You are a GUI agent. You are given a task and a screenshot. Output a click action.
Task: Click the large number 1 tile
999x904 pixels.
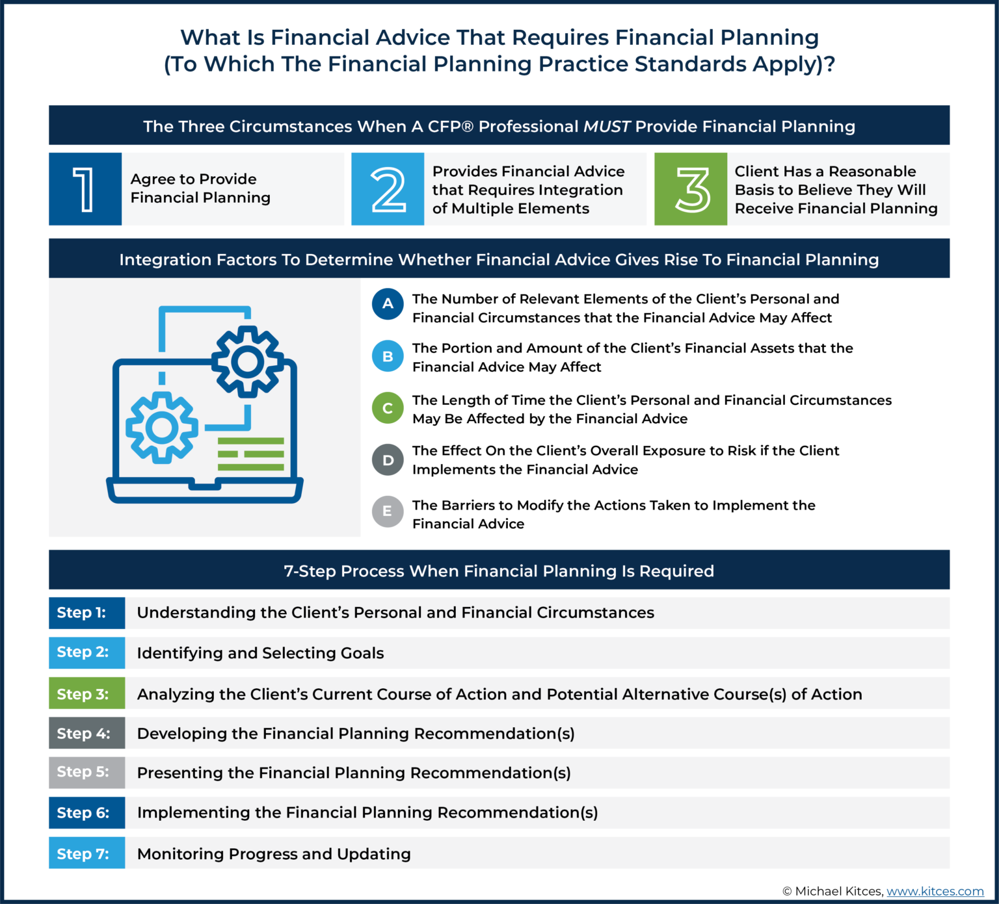click(85, 189)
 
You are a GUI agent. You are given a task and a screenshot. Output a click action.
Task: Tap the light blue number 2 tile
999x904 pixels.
click(388, 189)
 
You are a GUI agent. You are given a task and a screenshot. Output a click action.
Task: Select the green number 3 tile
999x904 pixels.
click(691, 189)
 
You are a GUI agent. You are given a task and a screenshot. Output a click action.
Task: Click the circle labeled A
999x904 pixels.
click(388, 303)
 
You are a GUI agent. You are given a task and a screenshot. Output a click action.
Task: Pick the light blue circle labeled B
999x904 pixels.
click(388, 356)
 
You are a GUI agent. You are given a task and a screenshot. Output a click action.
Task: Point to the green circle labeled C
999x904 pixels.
click(388, 408)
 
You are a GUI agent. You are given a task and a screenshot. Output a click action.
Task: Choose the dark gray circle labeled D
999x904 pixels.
click(388, 459)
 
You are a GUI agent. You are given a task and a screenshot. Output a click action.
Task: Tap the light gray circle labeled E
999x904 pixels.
click(388, 511)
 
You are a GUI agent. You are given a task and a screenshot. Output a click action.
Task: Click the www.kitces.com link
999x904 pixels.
click(935, 891)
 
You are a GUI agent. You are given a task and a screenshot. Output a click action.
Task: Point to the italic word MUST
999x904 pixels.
click(606, 126)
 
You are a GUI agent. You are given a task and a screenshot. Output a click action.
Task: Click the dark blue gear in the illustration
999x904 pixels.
click(247, 361)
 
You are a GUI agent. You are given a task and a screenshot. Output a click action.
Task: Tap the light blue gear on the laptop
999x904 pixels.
click(162, 428)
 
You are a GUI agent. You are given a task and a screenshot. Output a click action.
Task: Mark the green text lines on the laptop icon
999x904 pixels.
click(250, 454)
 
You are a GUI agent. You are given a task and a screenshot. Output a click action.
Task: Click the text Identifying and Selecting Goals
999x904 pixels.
click(260, 653)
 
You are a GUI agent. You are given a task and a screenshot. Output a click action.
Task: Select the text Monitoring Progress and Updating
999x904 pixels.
click(274, 853)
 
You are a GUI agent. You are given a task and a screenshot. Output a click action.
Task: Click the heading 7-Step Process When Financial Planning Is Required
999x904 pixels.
click(499, 571)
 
